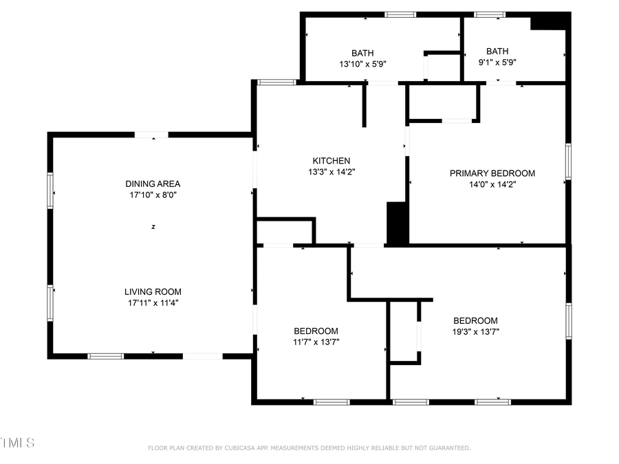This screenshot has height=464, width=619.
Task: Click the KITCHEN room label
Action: (x=331, y=161)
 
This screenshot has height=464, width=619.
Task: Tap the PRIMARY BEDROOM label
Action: (x=492, y=173)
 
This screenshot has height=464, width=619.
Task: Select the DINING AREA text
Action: (x=153, y=184)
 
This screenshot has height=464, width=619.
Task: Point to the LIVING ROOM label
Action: (x=153, y=291)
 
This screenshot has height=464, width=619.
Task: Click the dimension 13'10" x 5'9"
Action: (x=362, y=64)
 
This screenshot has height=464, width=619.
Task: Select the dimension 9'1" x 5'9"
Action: (x=497, y=62)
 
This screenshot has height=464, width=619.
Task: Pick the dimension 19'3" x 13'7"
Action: (x=475, y=331)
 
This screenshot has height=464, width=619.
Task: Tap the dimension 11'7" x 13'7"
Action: (x=316, y=342)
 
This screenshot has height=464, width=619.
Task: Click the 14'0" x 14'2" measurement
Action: (x=492, y=184)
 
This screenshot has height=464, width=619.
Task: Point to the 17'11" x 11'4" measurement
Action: (x=153, y=302)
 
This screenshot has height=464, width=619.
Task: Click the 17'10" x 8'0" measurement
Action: (x=153, y=195)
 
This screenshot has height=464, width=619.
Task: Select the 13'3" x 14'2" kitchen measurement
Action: (x=331, y=172)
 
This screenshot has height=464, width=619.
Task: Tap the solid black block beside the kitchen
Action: (x=397, y=223)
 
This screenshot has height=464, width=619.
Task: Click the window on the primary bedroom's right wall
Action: (x=568, y=161)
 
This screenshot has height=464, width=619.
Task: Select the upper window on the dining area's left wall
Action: (x=50, y=190)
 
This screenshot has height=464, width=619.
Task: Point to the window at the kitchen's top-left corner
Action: (x=276, y=82)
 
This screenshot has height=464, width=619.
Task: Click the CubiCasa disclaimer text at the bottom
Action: (x=309, y=448)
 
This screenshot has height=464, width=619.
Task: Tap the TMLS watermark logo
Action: (x=17, y=442)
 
